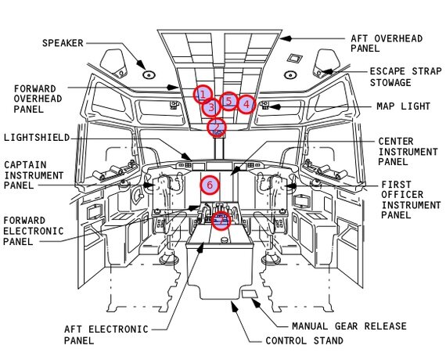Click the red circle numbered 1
[x=203, y=95]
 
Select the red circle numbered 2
[x=217, y=128]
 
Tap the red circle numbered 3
[x=211, y=107]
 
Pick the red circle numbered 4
[x=246, y=104]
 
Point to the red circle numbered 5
[x=229, y=101]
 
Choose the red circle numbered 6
[x=210, y=185]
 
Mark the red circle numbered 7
[x=221, y=221]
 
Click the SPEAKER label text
[x=63, y=43]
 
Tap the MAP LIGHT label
[x=403, y=106]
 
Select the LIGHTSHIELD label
[x=37, y=138]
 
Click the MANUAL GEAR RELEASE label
[x=349, y=326]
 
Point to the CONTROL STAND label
[x=304, y=340]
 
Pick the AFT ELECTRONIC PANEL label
[x=106, y=335]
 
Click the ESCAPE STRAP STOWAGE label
[x=405, y=77]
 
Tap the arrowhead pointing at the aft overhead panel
[x=286, y=38]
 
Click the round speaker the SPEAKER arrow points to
[x=149, y=75]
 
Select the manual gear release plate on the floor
[x=250, y=294]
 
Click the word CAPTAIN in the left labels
[x=25, y=165]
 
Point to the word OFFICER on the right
[x=402, y=195]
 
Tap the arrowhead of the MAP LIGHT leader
[x=275, y=107]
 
